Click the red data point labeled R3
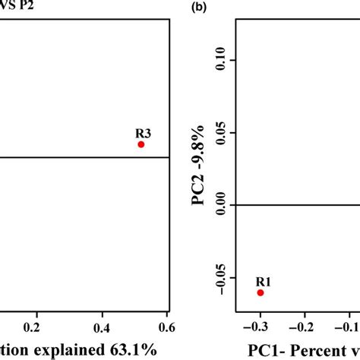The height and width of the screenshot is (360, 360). click(x=141, y=144)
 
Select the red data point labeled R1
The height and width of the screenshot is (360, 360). click(x=260, y=292)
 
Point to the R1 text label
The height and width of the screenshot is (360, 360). click(x=260, y=280)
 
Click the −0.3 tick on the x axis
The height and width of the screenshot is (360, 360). click(x=260, y=327)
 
